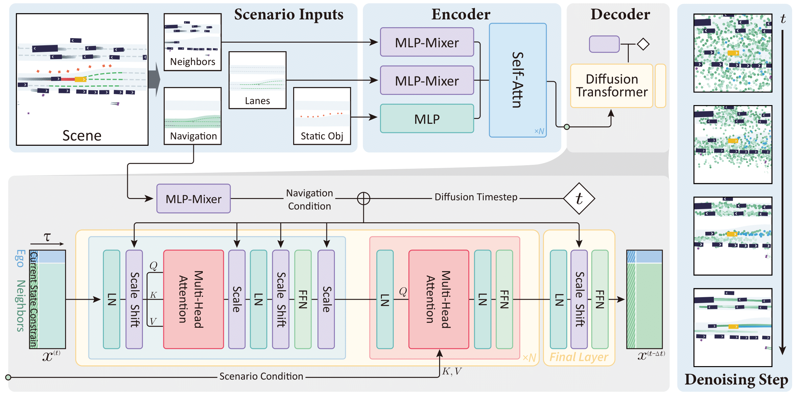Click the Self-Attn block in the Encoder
point(518,80)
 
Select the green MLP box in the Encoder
point(427,119)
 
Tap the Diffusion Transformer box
point(612,86)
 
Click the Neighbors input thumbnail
point(193,42)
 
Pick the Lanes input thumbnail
point(257,80)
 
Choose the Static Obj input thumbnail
point(322,116)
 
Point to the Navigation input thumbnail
point(193,116)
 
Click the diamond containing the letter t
point(579,198)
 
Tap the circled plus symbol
point(364,198)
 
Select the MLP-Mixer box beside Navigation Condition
point(194,199)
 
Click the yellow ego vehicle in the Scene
point(80,79)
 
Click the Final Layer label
point(579,357)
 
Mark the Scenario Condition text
point(261,376)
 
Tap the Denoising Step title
point(736,380)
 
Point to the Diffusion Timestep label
point(476,197)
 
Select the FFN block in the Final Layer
point(600,299)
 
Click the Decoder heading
point(620,14)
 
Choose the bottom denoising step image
point(733,327)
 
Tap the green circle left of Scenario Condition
point(9,377)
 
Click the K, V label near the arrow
point(452,371)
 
